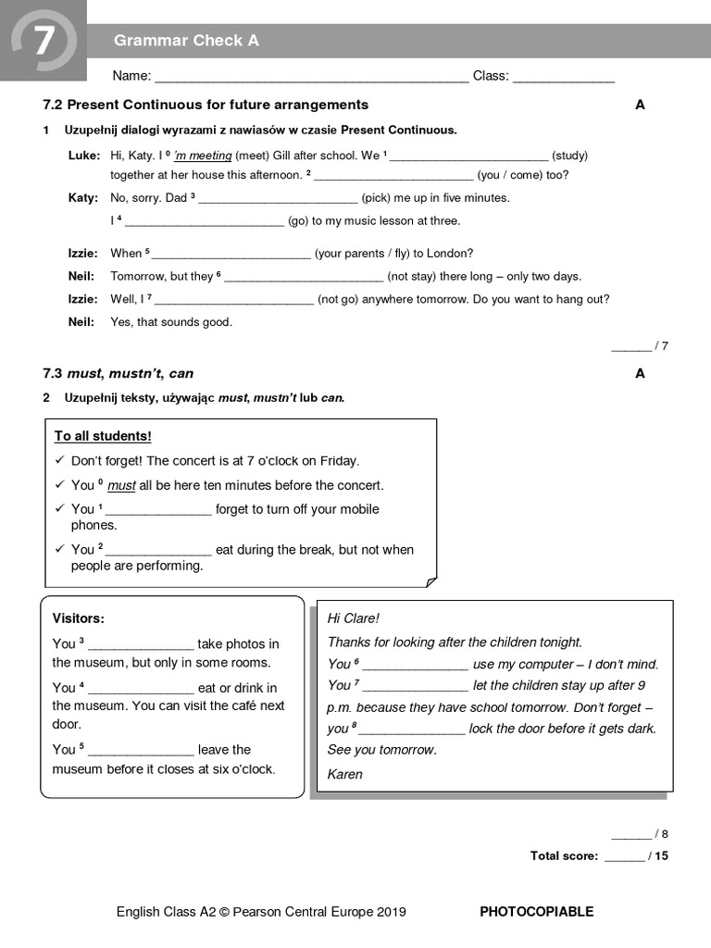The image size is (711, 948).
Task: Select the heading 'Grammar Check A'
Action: point(186,41)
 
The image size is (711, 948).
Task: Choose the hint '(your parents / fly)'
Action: point(394,254)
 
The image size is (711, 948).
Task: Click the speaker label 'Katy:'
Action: point(82,198)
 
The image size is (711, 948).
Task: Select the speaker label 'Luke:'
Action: point(83,156)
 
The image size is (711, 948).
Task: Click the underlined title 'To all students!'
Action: point(103,436)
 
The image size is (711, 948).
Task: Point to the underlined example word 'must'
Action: point(121,485)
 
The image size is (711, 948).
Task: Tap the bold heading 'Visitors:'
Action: point(79,618)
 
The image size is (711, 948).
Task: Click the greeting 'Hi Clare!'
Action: point(354,618)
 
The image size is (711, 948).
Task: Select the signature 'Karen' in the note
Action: point(345,774)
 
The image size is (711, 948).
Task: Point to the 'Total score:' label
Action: point(564,856)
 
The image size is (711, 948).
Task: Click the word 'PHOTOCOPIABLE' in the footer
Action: point(536,912)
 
